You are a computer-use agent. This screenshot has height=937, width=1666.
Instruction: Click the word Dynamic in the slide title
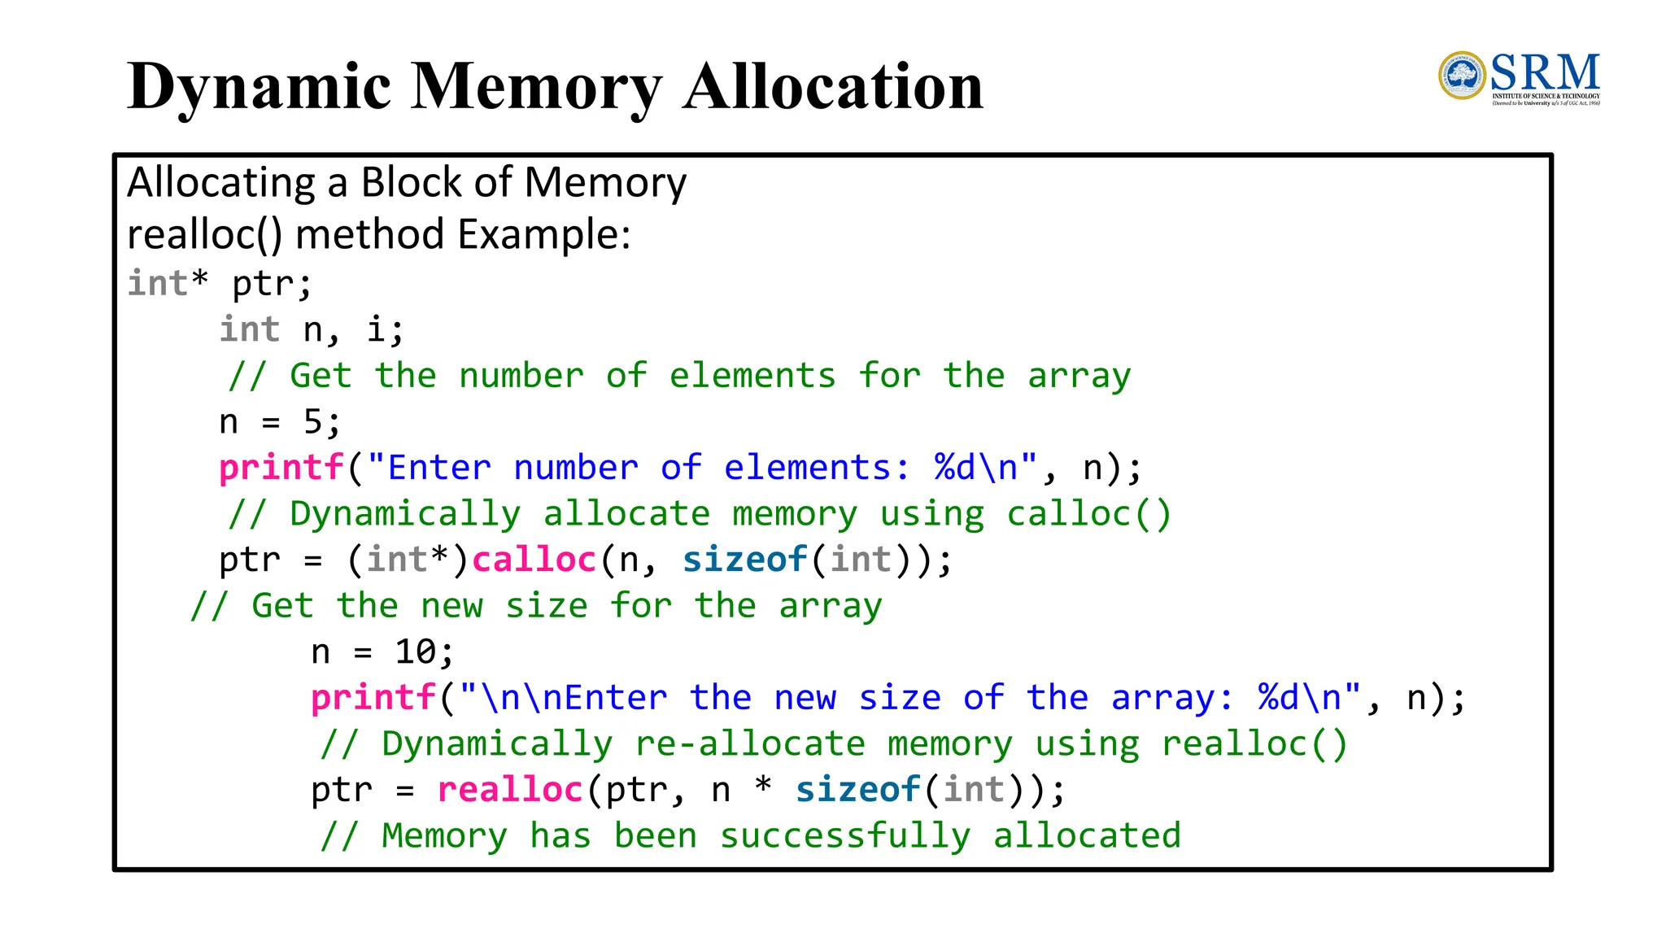click(259, 87)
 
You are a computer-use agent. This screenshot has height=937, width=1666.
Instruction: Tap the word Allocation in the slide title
click(833, 87)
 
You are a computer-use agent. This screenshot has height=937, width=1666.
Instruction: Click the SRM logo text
click(1545, 73)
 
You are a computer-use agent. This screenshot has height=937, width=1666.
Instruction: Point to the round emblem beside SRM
click(1462, 76)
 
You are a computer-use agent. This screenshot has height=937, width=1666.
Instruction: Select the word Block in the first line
click(412, 182)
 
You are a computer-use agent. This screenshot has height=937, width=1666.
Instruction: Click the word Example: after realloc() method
click(544, 234)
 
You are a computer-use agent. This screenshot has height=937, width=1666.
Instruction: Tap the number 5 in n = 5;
click(312, 422)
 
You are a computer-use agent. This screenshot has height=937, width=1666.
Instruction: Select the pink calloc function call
click(534, 560)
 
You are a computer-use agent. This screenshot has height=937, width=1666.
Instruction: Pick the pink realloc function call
click(510, 790)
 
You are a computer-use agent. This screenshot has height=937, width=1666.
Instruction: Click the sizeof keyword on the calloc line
click(744, 560)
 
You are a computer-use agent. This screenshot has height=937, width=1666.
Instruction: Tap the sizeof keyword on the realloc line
click(857, 790)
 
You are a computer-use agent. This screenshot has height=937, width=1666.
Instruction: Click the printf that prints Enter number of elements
click(281, 468)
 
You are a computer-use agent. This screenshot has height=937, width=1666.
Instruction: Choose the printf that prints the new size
click(373, 698)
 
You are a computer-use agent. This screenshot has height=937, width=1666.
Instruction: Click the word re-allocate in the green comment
click(750, 744)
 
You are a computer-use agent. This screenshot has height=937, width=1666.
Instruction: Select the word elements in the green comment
click(752, 376)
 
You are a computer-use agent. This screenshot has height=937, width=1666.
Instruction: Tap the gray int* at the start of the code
click(168, 284)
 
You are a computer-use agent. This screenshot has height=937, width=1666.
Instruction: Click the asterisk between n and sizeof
click(763, 787)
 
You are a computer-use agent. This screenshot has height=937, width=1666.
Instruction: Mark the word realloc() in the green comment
click(1254, 744)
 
